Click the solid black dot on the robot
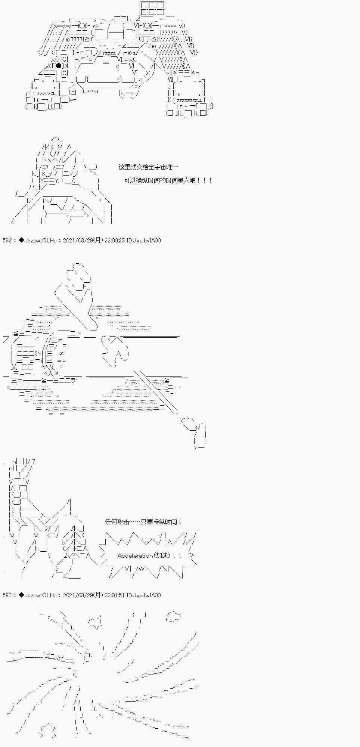point(58,66)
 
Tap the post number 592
point(7,241)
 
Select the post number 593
point(7,595)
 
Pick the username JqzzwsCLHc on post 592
point(40,241)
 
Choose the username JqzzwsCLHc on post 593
point(40,595)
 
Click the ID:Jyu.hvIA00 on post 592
point(144,241)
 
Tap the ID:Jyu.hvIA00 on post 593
point(144,595)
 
